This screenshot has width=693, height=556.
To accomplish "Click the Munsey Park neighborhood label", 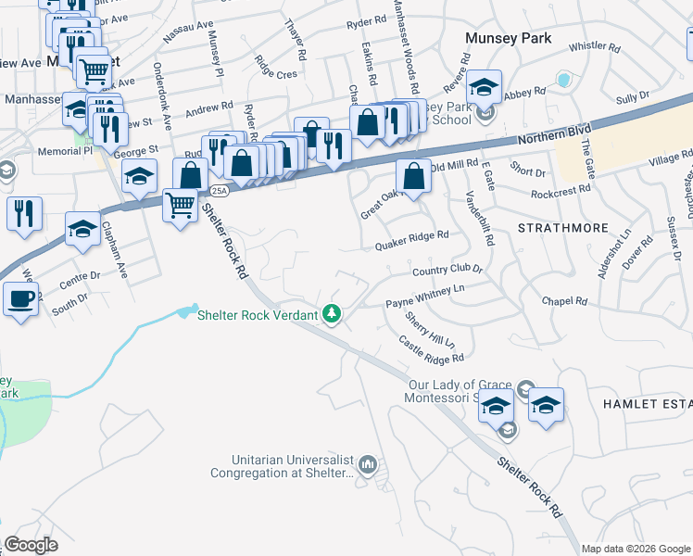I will tap(509, 38).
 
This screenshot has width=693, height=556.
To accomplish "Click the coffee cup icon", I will tap(20, 298).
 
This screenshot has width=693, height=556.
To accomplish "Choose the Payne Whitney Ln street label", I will tap(424, 296).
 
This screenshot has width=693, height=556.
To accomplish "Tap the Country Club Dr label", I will tap(447, 270).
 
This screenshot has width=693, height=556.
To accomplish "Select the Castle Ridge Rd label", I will tap(431, 349).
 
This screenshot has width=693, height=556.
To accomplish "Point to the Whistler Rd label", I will tap(593, 45).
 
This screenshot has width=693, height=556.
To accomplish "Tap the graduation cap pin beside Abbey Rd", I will tap(483, 86).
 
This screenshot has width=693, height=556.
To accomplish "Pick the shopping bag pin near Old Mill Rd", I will tap(412, 175).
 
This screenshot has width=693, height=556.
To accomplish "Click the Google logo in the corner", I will tap(31, 545).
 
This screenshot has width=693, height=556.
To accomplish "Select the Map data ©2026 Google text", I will tap(636, 549).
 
